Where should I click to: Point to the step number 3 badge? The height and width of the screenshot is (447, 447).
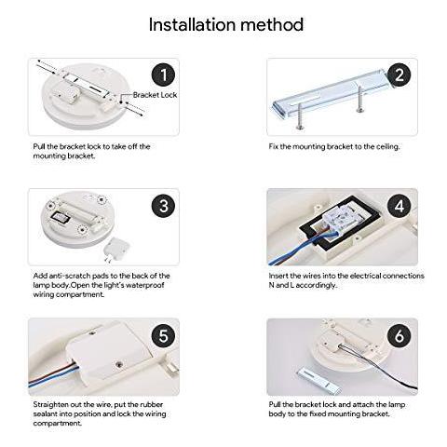coord(164,206)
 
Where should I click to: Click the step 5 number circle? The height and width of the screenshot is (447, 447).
coord(164,335)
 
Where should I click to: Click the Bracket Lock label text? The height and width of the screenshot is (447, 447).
coord(155,95)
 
